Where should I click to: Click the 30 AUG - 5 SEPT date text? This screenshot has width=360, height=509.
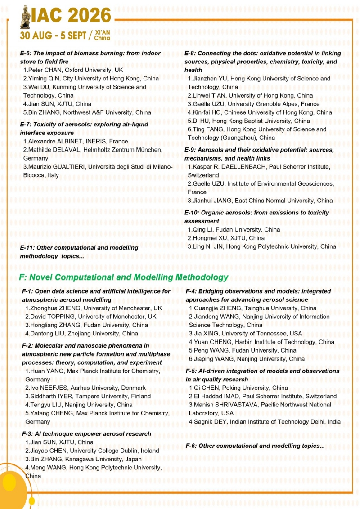point(53,36)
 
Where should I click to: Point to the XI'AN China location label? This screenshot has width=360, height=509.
point(102,36)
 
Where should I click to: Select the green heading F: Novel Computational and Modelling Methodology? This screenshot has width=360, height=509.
point(124,277)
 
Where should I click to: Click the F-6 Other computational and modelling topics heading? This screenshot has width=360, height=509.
point(255,446)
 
